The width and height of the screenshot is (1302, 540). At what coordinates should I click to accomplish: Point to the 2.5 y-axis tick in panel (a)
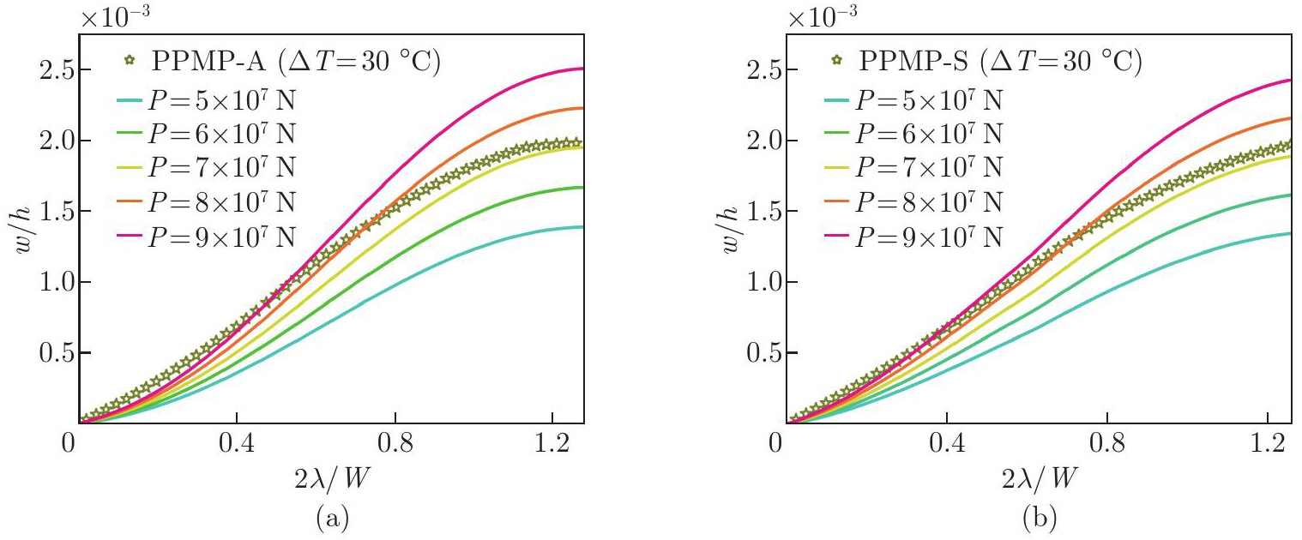50,70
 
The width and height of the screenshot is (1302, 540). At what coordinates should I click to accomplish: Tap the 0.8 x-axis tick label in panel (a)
395,446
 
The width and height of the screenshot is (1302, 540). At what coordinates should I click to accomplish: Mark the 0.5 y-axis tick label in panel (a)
50,353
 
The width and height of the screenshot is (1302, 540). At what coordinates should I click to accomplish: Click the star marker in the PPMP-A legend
130,62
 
